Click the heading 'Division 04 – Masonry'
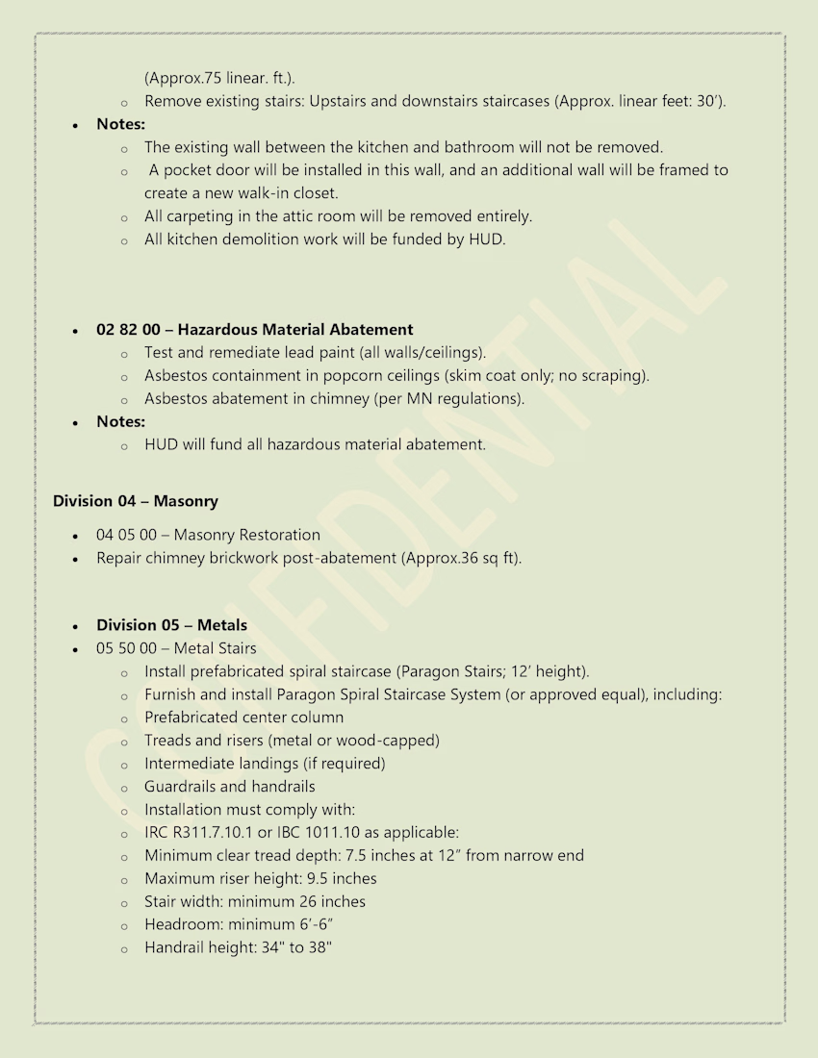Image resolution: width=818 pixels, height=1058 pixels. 135,501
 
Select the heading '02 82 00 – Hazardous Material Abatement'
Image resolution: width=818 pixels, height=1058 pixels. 254,330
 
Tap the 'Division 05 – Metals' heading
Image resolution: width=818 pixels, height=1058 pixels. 171,625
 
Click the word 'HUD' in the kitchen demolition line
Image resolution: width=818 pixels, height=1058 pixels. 486,239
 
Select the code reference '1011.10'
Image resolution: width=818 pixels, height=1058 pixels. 346,833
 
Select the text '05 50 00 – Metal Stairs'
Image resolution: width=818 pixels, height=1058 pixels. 176,648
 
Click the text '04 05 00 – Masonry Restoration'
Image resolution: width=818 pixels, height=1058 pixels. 208,535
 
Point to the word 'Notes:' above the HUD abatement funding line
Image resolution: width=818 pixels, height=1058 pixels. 120,421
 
